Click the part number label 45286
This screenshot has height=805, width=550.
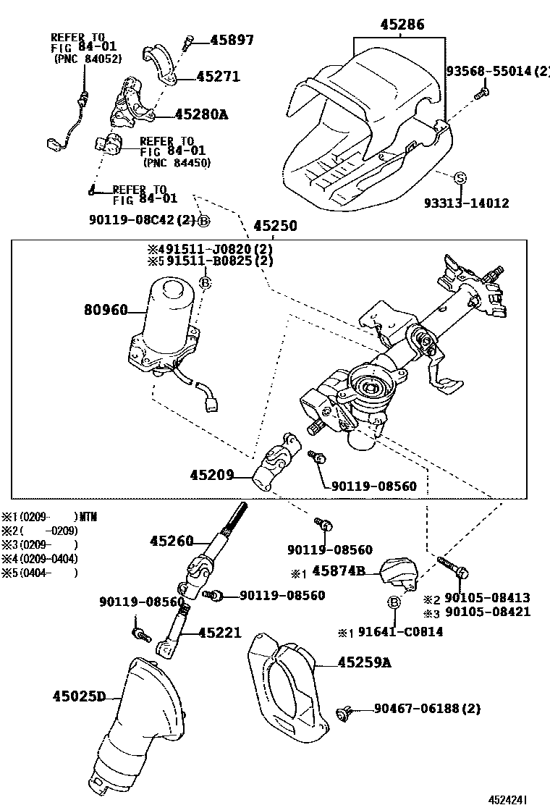(x=402, y=25)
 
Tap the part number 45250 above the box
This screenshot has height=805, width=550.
(x=274, y=225)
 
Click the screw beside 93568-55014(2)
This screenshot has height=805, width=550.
(x=481, y=92)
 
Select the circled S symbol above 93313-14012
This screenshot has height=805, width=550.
(x=460, y=178)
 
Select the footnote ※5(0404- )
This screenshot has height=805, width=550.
(x=40, y=572)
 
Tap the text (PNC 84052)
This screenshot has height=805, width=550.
(x=88, y=59)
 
